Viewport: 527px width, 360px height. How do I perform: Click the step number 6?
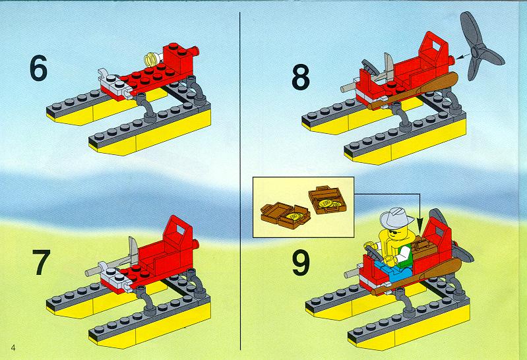click(x=38, y=69)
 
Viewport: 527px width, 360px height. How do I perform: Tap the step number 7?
click(x=41, y=262)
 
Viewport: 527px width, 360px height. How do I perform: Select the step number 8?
click(x=301, y=77)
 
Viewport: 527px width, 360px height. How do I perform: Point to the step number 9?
click(x=301, y=264)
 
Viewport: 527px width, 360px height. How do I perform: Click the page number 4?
click(x=13, y=347)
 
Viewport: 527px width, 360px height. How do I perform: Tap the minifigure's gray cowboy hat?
click(x=396, y=218)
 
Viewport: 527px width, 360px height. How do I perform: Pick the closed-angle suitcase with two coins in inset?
click(x=328, y=200)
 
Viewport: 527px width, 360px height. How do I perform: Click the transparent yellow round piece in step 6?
click(x=152, y=60)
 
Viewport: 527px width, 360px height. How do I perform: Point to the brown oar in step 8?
click(x=413, y=92)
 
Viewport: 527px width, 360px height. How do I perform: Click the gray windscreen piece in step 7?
click(x=132, y=249)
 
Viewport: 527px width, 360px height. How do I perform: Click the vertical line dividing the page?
click(x=240, y=181)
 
